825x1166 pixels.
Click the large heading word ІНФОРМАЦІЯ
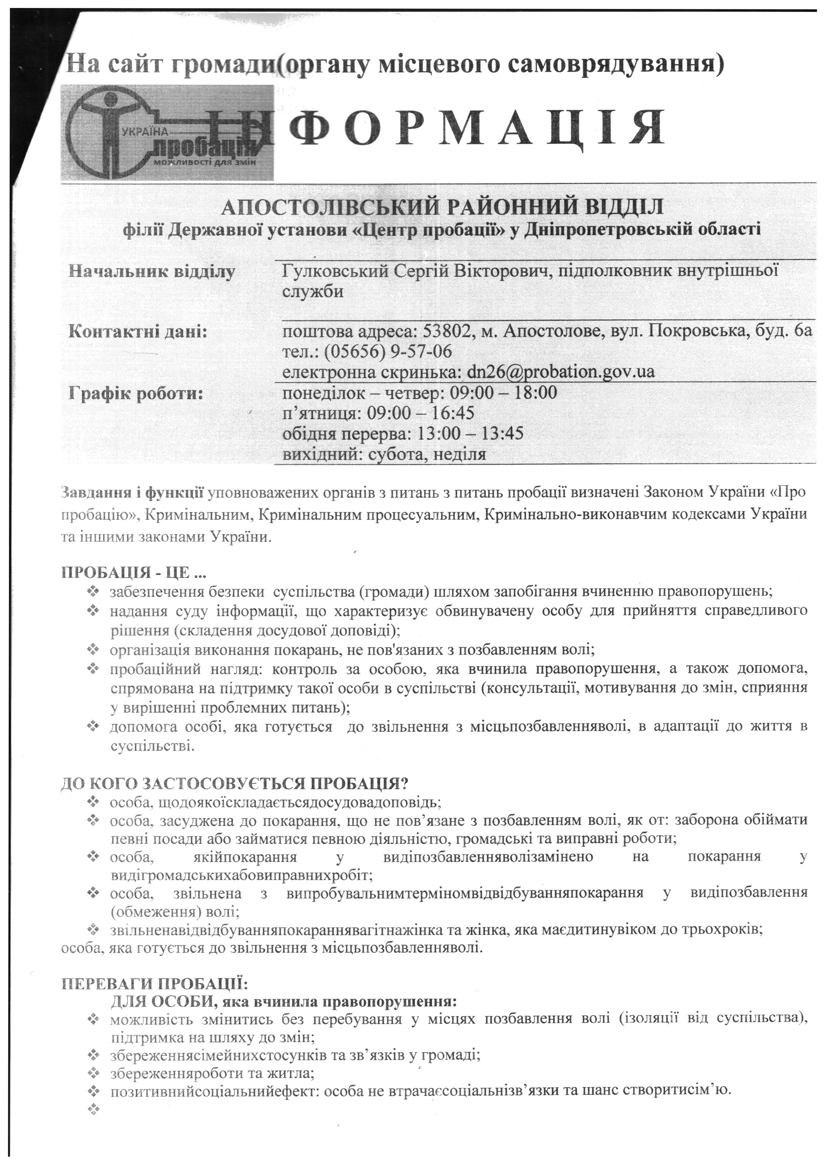[x=437, y=128]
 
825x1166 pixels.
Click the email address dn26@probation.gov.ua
[x=560, y=372]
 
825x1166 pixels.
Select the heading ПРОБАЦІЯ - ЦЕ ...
[x=133, y=573]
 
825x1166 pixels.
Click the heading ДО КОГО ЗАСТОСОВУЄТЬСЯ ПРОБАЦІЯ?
[x=235, y=783]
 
